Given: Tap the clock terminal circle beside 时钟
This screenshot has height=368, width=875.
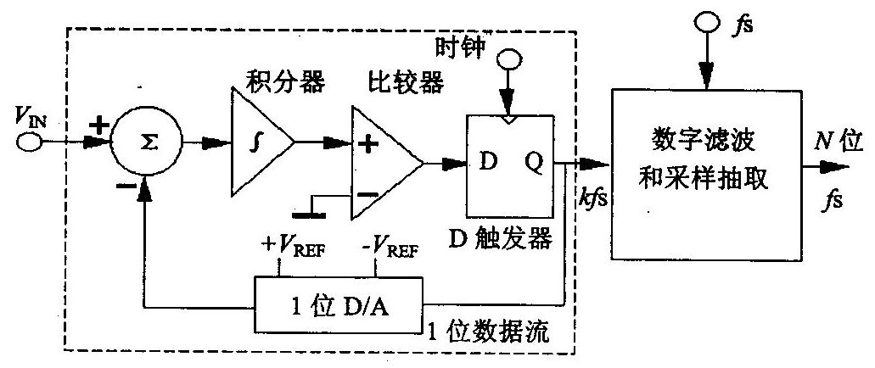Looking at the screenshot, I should pos(508,62).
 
